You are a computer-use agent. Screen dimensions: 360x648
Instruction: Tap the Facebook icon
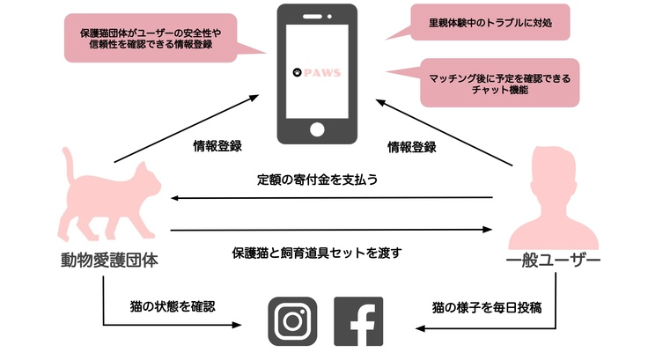(358, 322)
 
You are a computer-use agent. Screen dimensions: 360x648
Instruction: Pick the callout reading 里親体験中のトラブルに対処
(490, 22)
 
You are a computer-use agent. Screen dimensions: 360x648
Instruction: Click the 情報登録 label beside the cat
(217, 146)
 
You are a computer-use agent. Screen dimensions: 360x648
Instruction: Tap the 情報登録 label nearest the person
(412, 146)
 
